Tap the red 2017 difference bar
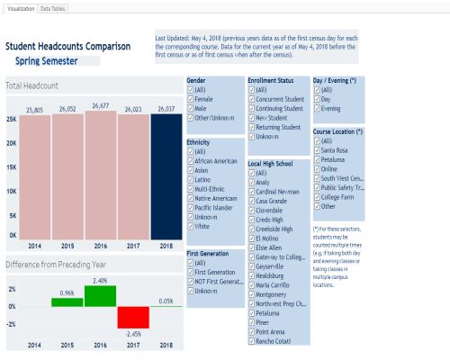click(133, 317)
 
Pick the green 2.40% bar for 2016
click(100, 296)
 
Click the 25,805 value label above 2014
click(34, 109)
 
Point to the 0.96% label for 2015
click(67, 292)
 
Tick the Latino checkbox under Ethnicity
click(190, 180)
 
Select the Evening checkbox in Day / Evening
click(316, 108)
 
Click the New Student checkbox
click(252, 118)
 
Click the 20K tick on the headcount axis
click(12, 142)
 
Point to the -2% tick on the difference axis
click(11, 324)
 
